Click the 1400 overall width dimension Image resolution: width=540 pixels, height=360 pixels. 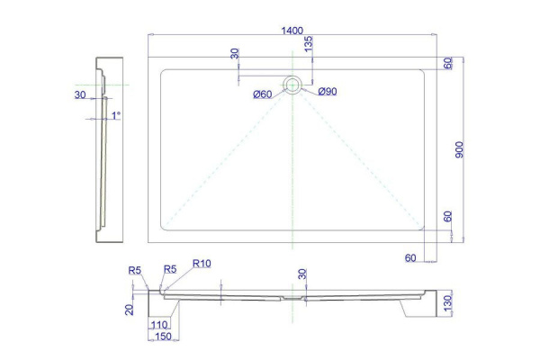pyautogui.click(x=292, y=31)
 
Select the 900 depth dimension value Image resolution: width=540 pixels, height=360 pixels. pyautogui.click(x=459, y=149)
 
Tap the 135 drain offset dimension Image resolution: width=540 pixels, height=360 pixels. pyautogui.click(x=309, y=44)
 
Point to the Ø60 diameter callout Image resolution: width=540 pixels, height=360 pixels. pyautogui.click(x=263, y=94)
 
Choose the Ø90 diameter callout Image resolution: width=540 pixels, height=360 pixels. pyautogui.click(x=328, y=91)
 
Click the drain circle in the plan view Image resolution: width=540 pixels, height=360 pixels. pyautogui.click(x=292, y=85)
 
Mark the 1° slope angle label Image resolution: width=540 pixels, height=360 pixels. pyautogui.click(x=116, y=115)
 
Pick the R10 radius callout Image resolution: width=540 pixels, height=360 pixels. pyautogui.click(x=202, y=264)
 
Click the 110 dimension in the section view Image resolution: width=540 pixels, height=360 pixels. pyautogui.click(x=159, y=324)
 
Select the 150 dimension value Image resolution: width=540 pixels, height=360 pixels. pyautogui.click(x=163, y=337)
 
